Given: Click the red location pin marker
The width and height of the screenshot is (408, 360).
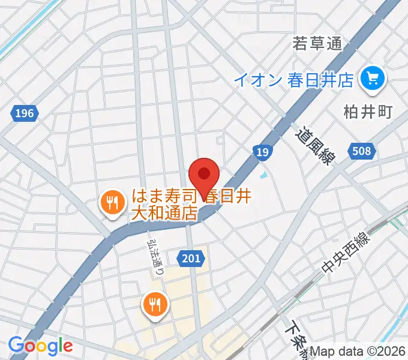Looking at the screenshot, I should [x=203, y=175].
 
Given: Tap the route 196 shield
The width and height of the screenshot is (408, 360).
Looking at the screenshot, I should [x=25, y=113].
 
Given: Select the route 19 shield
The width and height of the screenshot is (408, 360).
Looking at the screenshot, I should [x=262, y=152].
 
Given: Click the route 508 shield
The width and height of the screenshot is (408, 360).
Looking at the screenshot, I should [x=362, y=151].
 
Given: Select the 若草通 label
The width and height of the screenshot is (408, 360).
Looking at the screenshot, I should [x=317, y=44].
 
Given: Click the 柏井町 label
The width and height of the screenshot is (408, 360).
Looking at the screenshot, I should [x=367, y=112].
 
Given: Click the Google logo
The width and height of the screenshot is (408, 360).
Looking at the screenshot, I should [x=40, y=346].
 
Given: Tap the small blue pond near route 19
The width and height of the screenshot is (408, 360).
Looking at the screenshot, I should [x=263, y=176].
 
